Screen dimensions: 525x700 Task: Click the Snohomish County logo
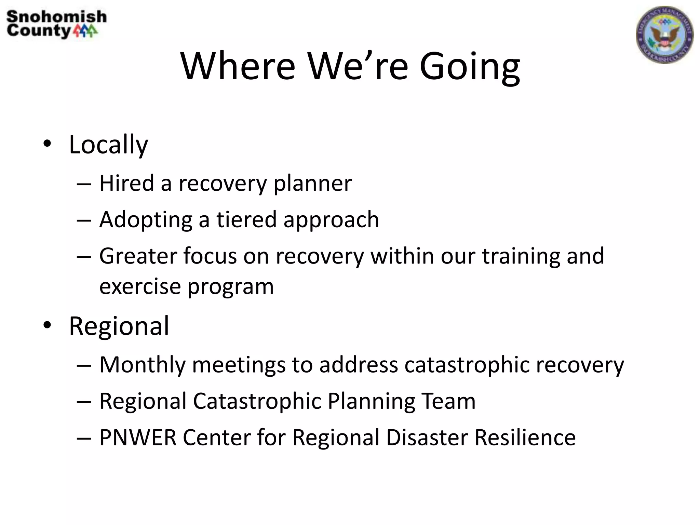point(56,24)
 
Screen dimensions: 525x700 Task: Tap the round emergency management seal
point(664,35)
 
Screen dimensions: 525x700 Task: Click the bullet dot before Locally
point(47,144)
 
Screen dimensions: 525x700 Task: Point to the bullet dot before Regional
point(47,325)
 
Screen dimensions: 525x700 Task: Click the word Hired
point(126,183)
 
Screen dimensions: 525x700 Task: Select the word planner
point(312,184)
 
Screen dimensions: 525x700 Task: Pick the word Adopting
point(146,220)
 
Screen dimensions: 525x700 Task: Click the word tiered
point(246,219)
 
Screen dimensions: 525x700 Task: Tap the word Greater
point(138,256)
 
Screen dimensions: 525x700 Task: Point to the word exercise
point(140,286)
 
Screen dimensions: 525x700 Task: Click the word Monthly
point(142,365)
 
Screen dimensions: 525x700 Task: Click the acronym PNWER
point(138,437)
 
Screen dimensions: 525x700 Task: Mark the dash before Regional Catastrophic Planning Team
point(84,402)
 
